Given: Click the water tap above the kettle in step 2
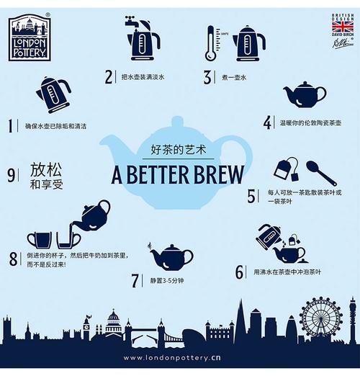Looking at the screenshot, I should pyautogui.click(x=132, y=22).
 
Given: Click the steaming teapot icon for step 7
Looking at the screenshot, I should pyautogui.click(x=170, y=256).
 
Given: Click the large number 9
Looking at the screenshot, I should pyautogui.click(x=12, y=174).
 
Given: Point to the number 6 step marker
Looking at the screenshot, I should pyautogui.click(x=240, y=272).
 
